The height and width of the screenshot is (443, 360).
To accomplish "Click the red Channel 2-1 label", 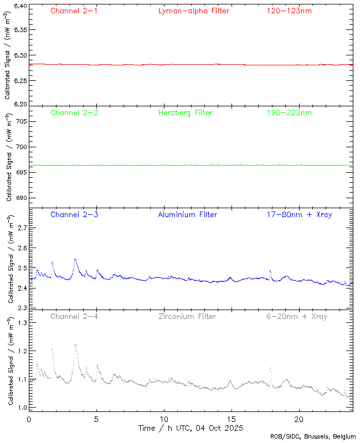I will (74, 11).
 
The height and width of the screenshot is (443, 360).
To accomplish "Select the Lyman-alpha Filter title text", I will (193, 11).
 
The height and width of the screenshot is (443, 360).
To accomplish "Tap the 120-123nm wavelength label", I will (289, 11).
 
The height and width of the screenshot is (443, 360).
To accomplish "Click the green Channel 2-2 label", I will (74, 113).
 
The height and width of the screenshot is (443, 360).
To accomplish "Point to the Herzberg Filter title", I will (185, 113).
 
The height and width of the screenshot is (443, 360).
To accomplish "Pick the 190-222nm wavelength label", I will (289, 113).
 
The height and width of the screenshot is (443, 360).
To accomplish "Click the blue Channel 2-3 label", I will (74, 214).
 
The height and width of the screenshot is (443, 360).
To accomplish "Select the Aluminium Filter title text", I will (187, 214).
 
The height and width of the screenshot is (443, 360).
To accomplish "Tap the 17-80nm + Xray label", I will (299, 214).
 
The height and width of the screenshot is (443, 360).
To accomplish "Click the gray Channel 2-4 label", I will (74, 317).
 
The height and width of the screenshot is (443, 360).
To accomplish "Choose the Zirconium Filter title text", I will (187, 317).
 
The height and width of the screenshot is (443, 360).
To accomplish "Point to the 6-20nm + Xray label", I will (297, 317).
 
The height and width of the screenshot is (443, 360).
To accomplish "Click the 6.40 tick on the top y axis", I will (19, 7).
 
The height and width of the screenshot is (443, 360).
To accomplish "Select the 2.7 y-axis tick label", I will (21, 228).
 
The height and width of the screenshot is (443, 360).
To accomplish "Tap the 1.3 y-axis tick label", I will (21, 322).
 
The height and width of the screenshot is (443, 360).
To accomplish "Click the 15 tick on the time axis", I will (231, 419).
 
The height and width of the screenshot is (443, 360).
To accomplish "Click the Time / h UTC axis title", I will (191, 428).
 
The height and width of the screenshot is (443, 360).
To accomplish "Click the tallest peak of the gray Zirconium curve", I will (75, 344).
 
